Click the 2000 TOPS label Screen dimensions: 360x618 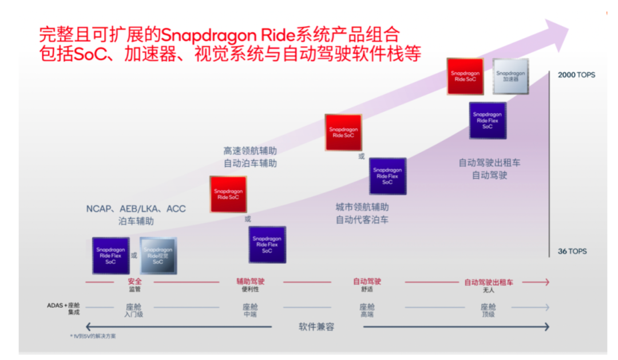tap(576, 75)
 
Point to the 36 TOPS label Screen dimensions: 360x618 tap(572, 251)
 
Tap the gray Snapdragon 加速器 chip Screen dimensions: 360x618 tap(510, 76)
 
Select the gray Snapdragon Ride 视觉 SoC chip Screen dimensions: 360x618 tap(158, 256)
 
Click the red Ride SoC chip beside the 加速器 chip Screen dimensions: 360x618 tap(465, 76)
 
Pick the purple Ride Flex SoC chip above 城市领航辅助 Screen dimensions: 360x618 tap(387, 176)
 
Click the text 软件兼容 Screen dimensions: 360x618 tap(316, 327)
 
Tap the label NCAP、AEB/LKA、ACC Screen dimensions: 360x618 tap(136, 209)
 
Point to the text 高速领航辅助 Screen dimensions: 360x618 tap(250, 151)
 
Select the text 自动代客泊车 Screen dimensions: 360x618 tap(362, 219)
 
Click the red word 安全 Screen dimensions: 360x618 tap(135, 282)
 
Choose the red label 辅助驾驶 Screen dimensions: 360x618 tap(251, 282)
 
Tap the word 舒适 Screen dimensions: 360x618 tap(367, 290)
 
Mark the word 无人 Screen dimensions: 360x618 tap(488, 290)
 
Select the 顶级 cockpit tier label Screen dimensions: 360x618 tap(488, 314)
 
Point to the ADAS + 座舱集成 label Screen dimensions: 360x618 tap(64, 308)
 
